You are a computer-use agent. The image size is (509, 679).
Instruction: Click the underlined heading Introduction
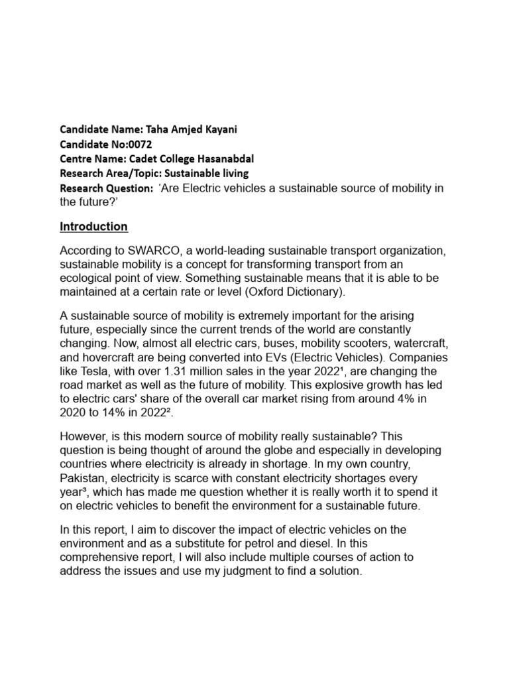pos(93,227)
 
